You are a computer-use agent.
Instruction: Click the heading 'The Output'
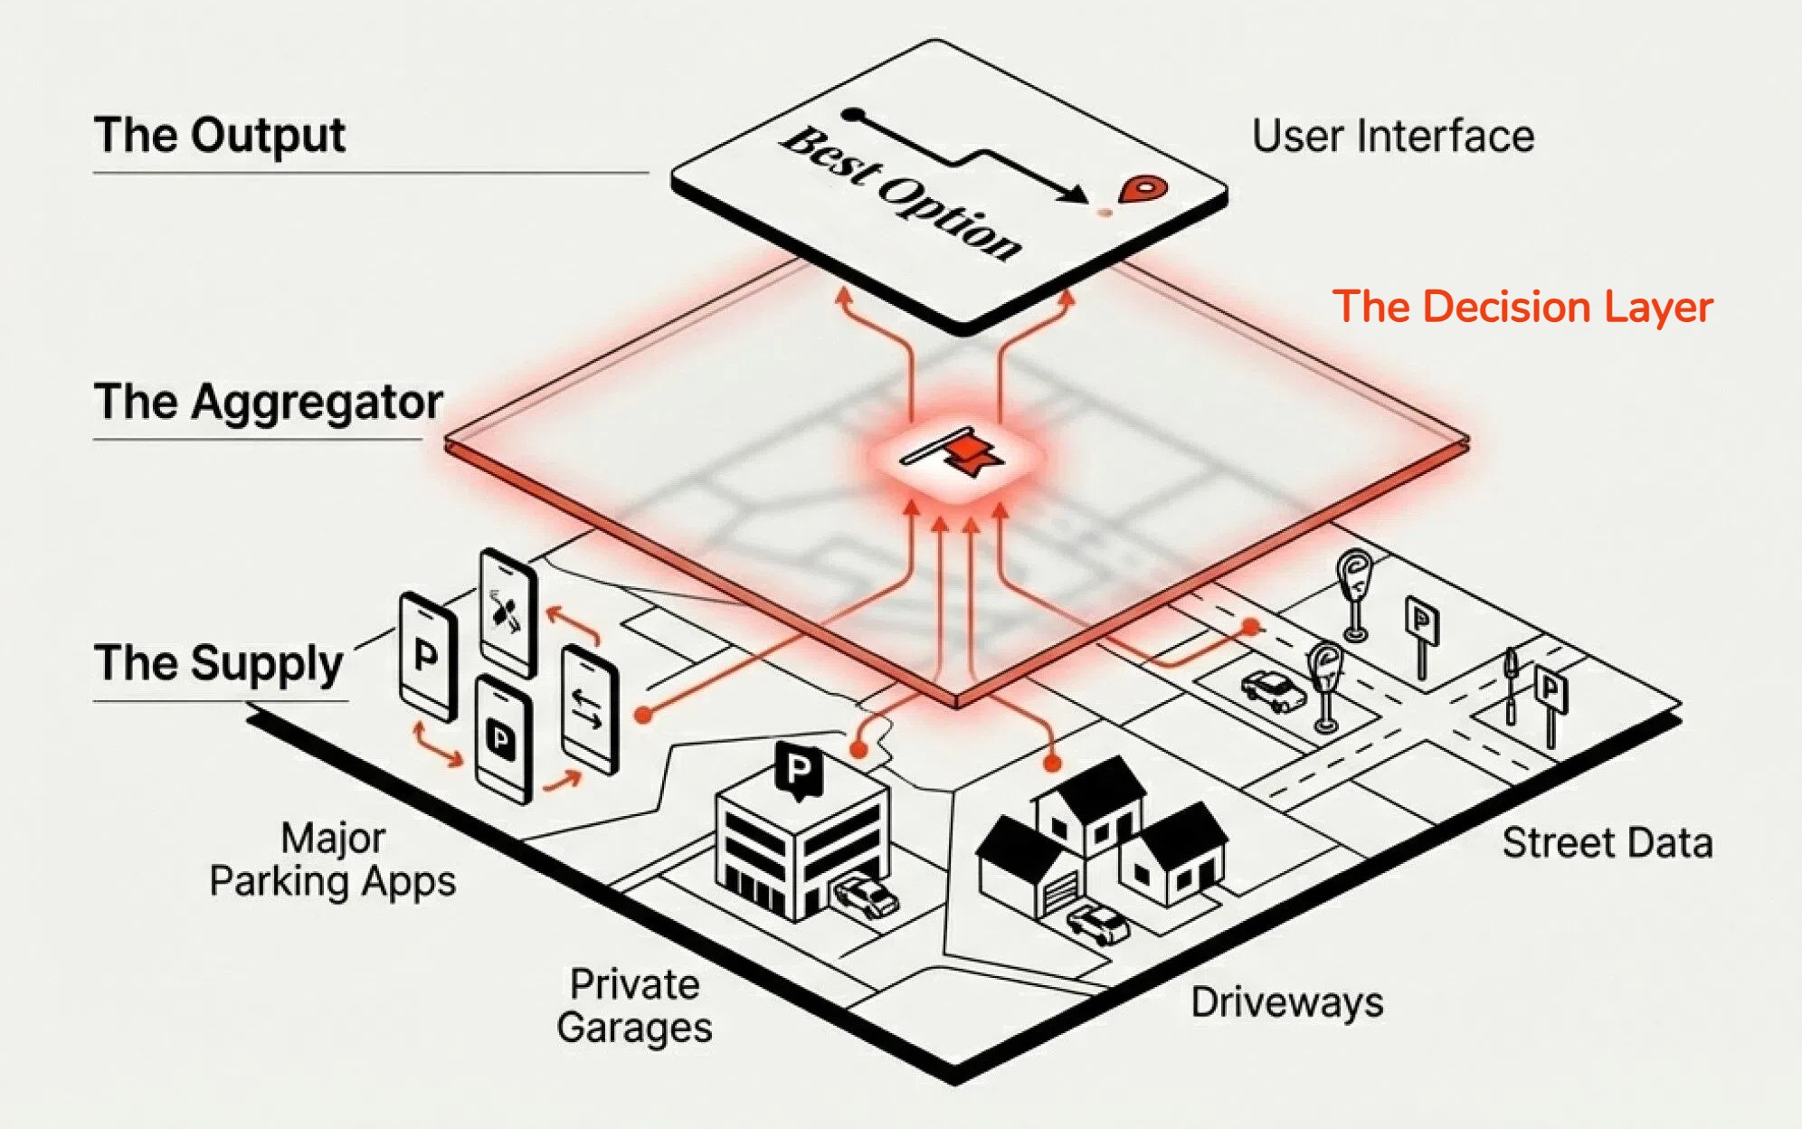pos(219,136)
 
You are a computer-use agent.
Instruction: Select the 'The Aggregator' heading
pos(268,402)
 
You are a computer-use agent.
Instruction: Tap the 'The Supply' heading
pos(218,663)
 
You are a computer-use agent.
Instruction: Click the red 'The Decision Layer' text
pos(1522,307)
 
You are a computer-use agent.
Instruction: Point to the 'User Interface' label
pos(1393,137)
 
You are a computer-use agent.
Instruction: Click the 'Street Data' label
pos(1607,843)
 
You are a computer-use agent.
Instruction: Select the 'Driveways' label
pos(1286,1002)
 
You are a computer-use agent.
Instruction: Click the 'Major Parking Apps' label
pos(333,859)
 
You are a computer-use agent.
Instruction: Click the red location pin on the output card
pos(1143,190)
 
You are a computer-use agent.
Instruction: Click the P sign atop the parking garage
pos(799,770)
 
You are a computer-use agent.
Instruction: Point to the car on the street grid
pos(1274,691)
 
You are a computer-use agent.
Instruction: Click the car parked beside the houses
pos(1098,924)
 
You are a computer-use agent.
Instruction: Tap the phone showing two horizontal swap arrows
pos(589,709)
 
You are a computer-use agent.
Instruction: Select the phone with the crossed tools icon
pos(508,612)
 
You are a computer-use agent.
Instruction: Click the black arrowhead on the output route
pos(1076,194)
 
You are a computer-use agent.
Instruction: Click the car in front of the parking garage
pos(866,896)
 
